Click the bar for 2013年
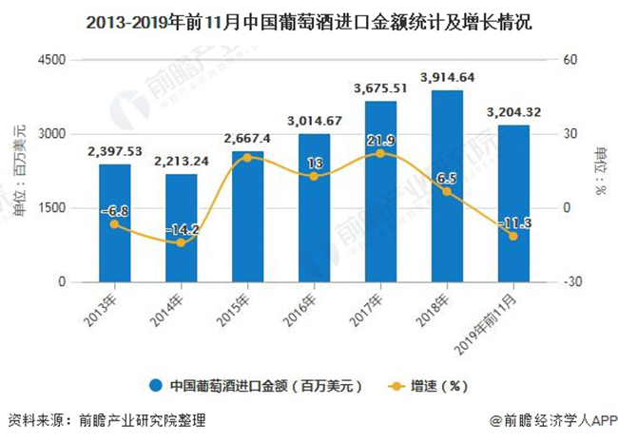pos(114,223)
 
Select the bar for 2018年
pos(447,186)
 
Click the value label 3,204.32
pos(513,112)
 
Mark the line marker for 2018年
pos(447,192)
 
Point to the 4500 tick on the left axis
pos(50,60)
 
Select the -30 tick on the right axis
pos(575,282)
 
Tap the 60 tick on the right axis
pos(572,60)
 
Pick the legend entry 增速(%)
pos(433,386)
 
